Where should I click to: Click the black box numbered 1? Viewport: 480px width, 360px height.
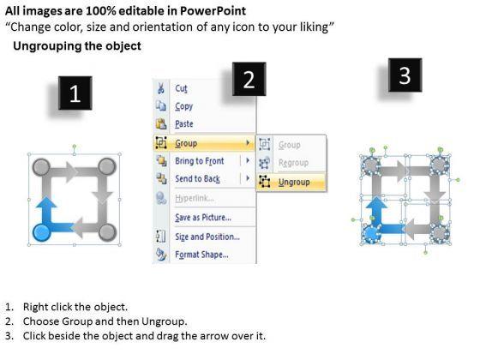pyautogui.click(x=75, y=93)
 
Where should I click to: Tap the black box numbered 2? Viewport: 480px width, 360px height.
pyautogui.click(x=249, y=79)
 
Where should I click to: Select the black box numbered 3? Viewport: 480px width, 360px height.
pyautogui.click(x=405, y=75)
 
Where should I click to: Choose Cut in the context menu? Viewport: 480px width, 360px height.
pyautogui.click(x=181, y=88)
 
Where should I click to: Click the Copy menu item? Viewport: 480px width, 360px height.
pyautogui.click(x=183, y=106)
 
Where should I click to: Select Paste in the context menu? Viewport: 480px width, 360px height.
pyautogui.click(x=184, y=124)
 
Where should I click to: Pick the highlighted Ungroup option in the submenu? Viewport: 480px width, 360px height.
pyautogui.click(x=294, y=182)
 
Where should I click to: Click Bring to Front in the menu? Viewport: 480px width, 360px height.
pyautogui.click(x=199, y=161)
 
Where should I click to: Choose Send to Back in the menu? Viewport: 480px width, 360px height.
pyautogui.click(x=197, y=178)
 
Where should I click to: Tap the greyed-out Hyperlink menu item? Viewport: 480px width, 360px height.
pyautogui.click(x=195, y=198)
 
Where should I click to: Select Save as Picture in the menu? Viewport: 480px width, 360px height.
pyautogui.click(x=203, y=218)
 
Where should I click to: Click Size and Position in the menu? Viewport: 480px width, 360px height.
pyautogui.click(x=207, y=237)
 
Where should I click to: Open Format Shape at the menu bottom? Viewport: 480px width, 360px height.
pyautogui.click(x=201, y=255)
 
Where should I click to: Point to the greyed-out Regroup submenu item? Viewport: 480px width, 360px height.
pyautogui.click(x=293, y=163)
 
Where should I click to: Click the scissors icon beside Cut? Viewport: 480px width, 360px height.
pyautogui.click(x=161, y=88)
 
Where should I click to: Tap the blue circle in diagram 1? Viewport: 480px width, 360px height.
pyautogui.click(x=42, y=232)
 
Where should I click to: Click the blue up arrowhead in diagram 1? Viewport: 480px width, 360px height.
pyautogui.click(x=46, y=202)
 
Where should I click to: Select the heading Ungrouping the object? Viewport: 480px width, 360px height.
pyautogui.click(x=77, y=46)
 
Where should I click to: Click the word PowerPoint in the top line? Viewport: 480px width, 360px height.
pyautogui.click(x=213, y=11)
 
